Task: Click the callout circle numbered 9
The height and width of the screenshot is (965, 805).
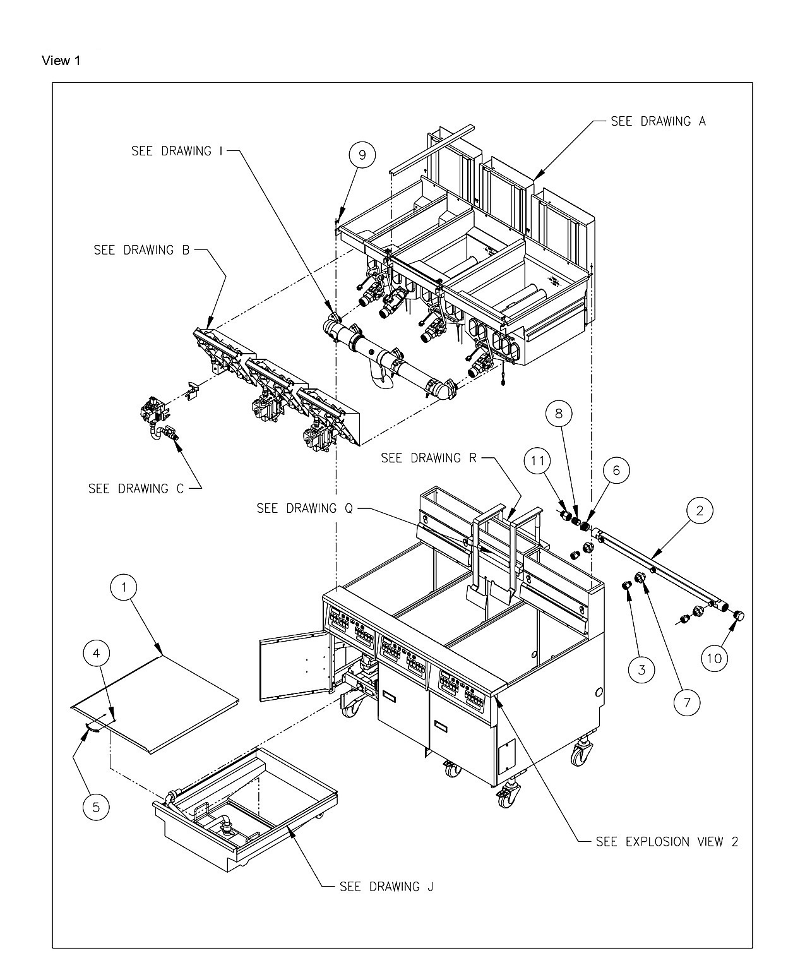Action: tap(362, 155)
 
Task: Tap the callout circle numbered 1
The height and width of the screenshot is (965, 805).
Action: tap(124, 587)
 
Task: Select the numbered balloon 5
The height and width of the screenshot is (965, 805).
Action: tap(96, 807)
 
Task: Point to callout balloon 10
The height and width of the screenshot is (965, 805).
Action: tap(715, 658)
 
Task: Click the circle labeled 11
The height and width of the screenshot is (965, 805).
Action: tap(537, 461)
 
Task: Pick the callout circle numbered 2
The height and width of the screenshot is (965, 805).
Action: tap(700, 511)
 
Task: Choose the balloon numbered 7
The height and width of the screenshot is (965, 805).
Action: tap(687, 702)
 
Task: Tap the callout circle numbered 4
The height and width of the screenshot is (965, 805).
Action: tap(96, 653)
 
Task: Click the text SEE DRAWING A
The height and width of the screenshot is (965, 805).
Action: tap(658, 121)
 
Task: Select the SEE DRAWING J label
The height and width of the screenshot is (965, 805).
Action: tap(386, 887)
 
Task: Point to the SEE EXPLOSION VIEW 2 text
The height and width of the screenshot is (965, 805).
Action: tap(667, 842)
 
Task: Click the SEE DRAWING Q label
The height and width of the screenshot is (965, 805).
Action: tap(304, 508)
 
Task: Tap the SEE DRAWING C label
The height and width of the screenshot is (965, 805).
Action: tap(136, 489)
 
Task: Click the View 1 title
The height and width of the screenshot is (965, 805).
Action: tap(61, 61)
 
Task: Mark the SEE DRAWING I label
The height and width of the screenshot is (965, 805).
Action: tap(177, 151)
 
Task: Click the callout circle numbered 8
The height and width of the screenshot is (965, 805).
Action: tap(559, 414)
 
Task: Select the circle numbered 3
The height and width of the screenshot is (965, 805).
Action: tap(641, 669)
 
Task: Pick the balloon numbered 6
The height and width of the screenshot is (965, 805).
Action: tap(616, 471)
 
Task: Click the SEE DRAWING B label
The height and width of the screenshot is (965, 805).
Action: tap(141, 250)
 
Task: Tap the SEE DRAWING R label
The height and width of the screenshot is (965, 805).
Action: tap(428, 458)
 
